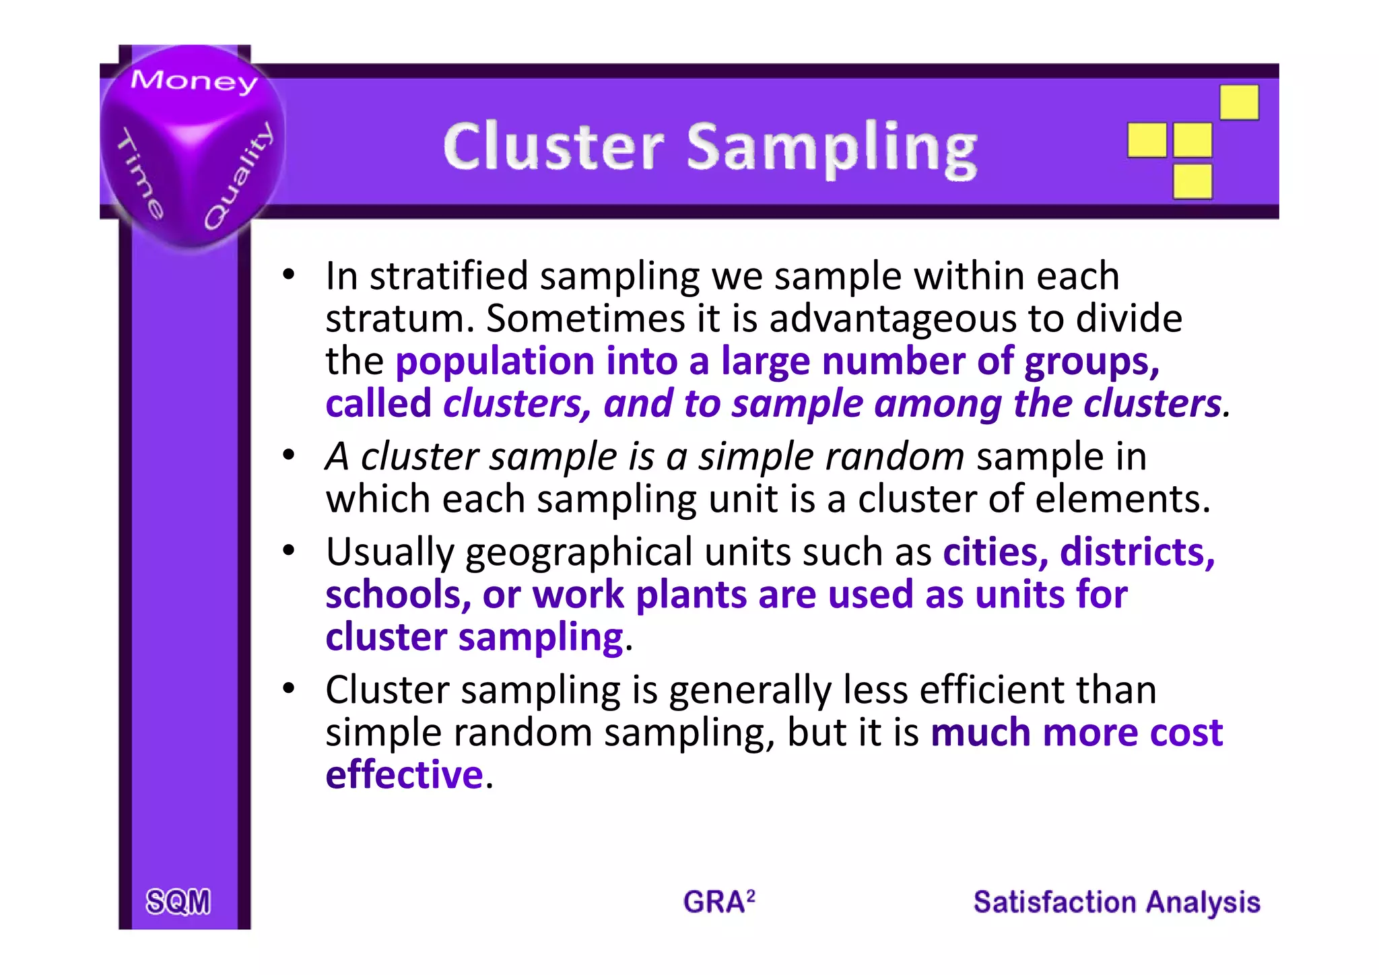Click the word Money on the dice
(194, 81)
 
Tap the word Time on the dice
(141, 174)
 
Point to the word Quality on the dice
(239, 176)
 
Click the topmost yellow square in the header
(1239, 102)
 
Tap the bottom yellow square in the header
(1192, 182)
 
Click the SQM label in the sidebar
(178, 902)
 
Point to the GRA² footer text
(719, 902)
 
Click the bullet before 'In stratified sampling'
(289, 275)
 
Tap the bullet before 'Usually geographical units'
(289, 551)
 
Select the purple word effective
(404, 774)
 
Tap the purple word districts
(1137, 552)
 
